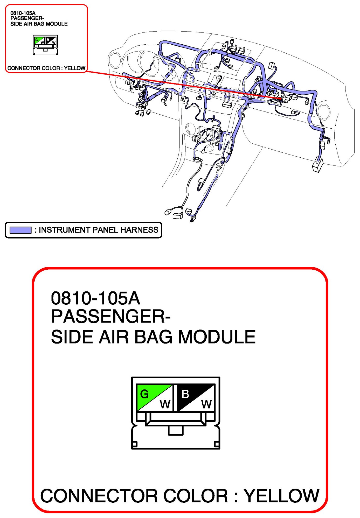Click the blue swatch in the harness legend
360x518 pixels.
[20, 230]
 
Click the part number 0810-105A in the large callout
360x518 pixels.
[95, 298]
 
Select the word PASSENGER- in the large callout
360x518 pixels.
[111, 317]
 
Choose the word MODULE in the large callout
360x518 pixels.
[217, 337]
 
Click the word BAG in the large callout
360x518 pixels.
[153, 337]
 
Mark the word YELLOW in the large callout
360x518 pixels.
[282, 496]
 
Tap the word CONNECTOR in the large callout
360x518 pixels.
[99, 496]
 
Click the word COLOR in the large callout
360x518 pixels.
[196, 496]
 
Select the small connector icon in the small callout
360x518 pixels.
[45, 45]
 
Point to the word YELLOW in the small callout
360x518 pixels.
[75, 68]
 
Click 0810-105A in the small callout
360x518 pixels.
[23, 13]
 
